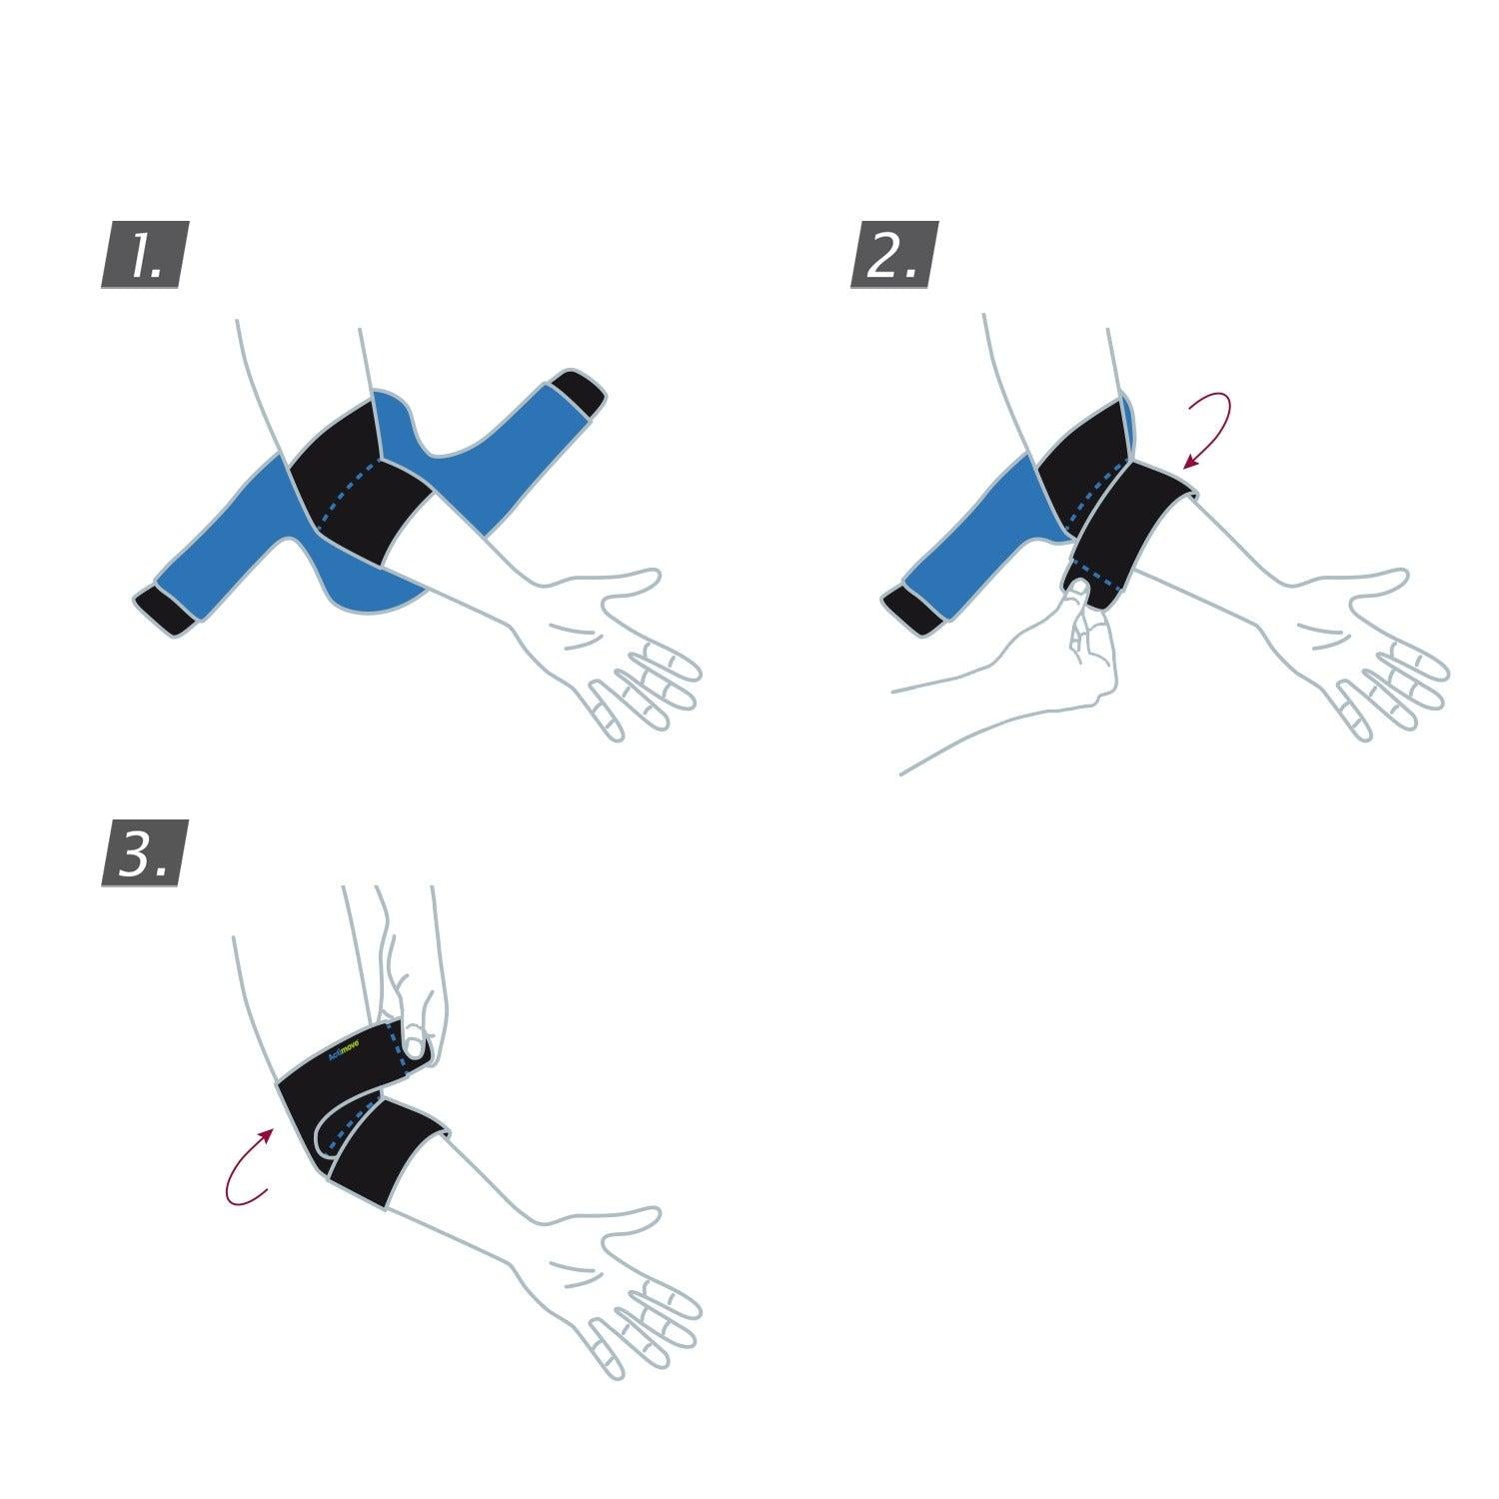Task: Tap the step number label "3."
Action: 145,857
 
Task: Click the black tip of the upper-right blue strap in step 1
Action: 579,393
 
